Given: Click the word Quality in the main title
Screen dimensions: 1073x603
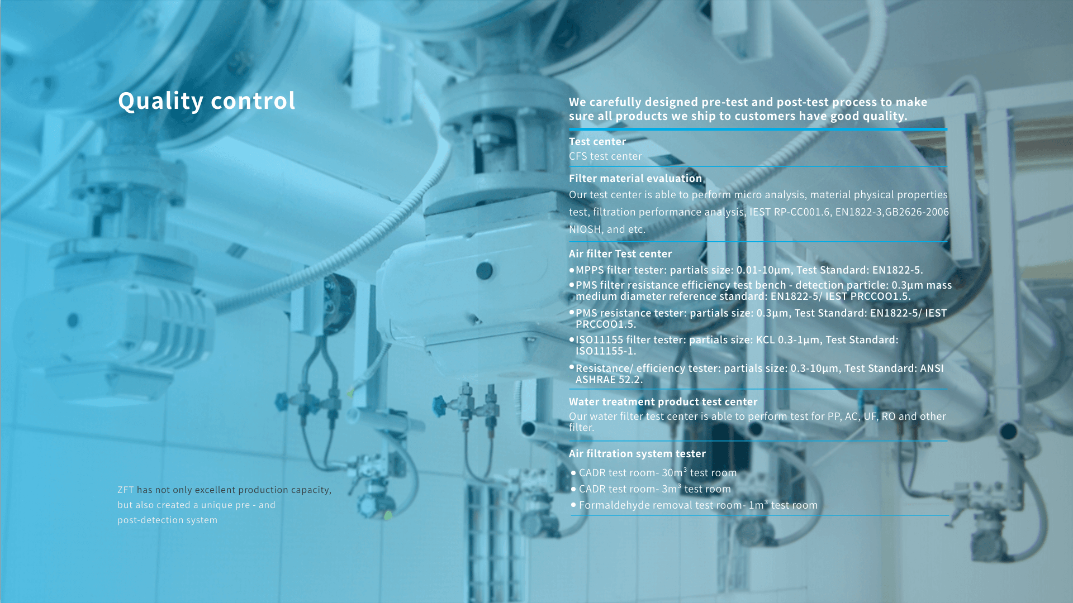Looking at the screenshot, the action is click(x=161, y=101).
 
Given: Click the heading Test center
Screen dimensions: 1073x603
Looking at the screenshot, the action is click(x=597, y=142).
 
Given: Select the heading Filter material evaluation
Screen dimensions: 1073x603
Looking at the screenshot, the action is click(x=635, y=179).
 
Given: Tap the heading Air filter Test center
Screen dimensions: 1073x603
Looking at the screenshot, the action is click(x=620, y=254).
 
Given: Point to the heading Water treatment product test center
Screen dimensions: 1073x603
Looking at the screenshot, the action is click(x=663, y=402).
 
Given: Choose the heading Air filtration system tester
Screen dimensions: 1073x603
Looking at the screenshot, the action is click(x=637, y=454).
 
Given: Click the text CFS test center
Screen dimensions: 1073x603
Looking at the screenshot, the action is click(x=605, y=156).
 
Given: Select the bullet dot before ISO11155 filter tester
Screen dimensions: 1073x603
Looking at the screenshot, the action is click(x=572, y=339).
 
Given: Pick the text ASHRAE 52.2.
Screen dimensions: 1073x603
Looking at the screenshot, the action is click(x=609, y=380).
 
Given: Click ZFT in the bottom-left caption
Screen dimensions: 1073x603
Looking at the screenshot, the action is click(x=126, y=490).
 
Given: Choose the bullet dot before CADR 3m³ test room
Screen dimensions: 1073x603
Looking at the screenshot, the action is click(x=573, y=489).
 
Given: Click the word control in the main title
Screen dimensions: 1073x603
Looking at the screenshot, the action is click(x=253, y=101).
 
